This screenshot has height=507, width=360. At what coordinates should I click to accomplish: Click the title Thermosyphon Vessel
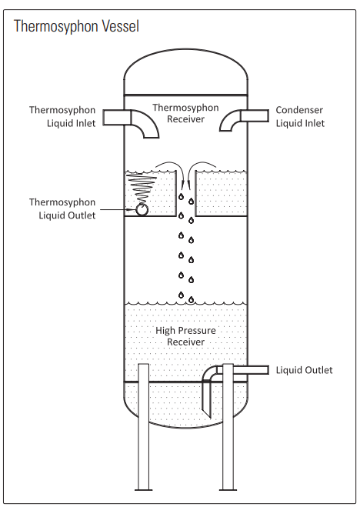pos(76,27)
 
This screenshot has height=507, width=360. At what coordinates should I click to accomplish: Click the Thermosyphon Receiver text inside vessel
pos(185,113)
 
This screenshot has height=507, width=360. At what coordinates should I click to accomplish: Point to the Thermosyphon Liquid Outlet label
pos(62,208)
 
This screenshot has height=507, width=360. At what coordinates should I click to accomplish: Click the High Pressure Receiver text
pos(185,336)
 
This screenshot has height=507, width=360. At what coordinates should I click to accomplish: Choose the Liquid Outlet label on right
pos(304,370)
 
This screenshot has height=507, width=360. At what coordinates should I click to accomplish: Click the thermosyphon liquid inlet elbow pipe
pos(135,119)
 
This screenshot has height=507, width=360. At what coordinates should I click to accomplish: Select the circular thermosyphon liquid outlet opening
pos(142,208)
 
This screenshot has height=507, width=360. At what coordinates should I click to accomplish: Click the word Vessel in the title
pos(118,27)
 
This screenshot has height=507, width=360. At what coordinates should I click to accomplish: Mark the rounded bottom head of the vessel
pos(186,412)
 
